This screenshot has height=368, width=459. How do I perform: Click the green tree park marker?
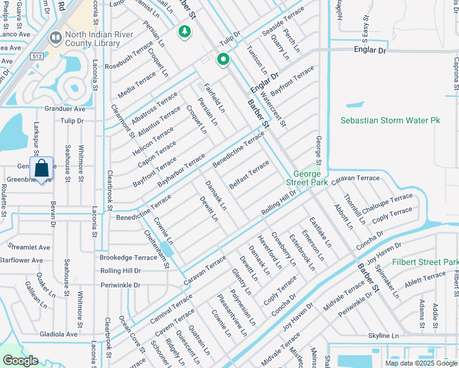click(x=183, y=31)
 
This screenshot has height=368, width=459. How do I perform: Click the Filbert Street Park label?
click(x=425, y=262)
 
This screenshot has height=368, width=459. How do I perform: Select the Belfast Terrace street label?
click(x=249, y=175)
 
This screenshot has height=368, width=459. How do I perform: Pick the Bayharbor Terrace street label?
click(x=181, y=171)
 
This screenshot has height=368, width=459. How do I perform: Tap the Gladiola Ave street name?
click(x=55, y=334)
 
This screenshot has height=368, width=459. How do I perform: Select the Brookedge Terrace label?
click(x=128, y=258)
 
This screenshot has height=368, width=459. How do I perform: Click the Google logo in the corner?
click(x=20, y=361)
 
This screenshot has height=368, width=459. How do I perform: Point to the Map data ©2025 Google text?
click(x=421, y=363)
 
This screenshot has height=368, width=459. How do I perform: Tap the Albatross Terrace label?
click(x=155, y=108)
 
